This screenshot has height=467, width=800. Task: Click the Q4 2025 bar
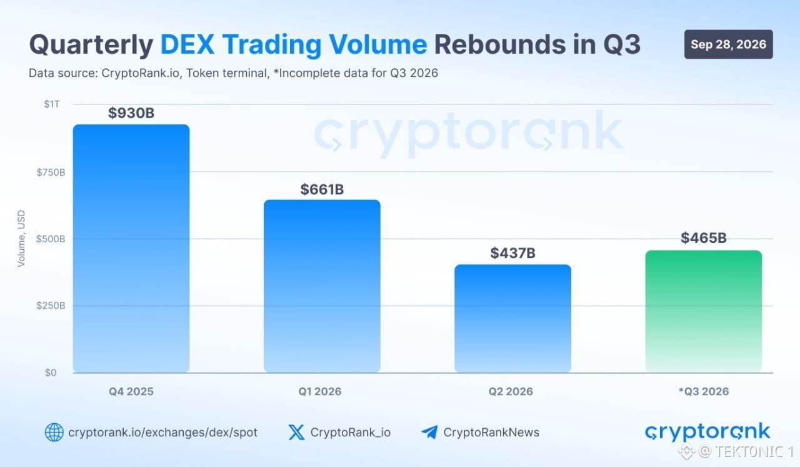[131, 249]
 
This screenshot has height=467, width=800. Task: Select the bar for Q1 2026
[322, 286]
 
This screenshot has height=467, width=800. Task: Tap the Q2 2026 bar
[513, 319]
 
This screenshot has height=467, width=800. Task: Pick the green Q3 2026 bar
[704, 312]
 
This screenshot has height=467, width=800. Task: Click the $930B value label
[131, 113]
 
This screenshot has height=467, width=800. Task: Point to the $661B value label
[322, 190]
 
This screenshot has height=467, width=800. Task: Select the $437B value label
[513, 253]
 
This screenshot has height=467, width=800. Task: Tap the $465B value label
[704, 238]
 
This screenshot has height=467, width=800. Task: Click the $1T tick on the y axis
[52, 104]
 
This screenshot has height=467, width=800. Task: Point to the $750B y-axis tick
[51, 172]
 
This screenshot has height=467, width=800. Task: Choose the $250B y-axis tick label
[51, 305]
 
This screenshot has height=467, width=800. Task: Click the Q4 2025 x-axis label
[131, 391]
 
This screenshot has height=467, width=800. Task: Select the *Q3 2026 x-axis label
[704, 391]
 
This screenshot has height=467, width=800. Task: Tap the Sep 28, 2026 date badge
[729, 44]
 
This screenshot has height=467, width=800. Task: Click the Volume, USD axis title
[21, 239]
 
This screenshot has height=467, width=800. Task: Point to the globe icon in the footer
[54, 433]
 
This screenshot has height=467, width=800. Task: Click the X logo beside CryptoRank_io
[296, 433]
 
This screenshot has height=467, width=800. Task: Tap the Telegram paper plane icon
[429, 432]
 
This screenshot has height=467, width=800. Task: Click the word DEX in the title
[187, 44]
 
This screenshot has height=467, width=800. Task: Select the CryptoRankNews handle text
[491, 433]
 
